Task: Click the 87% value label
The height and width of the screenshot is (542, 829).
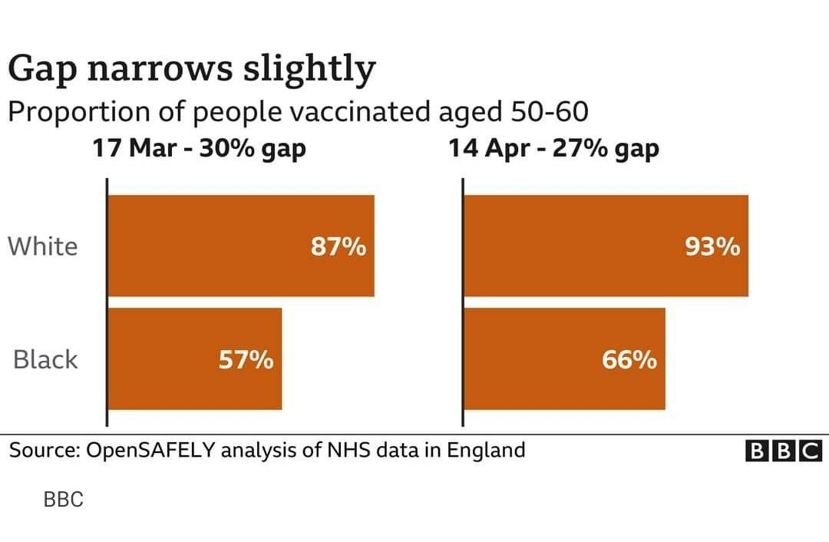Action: (339, 247)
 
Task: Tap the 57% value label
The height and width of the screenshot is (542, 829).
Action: (246, 359)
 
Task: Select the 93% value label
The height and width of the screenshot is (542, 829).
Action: (713, 247)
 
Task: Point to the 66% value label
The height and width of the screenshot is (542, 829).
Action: (629, 359)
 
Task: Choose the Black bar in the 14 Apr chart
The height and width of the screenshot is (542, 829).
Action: (537, 359)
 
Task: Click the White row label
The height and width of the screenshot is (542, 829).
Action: (43, 246)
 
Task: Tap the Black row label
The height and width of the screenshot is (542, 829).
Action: (46, 359)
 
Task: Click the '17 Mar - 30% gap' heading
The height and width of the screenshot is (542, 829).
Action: (200, 147)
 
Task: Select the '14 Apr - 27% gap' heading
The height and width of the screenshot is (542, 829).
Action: (554, 147)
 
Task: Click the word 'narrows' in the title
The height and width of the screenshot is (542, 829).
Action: (160, 70)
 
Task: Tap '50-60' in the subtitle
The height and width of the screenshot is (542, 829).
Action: (549, 112)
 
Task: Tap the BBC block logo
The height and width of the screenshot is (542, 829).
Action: (784, 451)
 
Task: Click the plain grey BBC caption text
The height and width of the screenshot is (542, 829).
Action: (63, 500)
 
